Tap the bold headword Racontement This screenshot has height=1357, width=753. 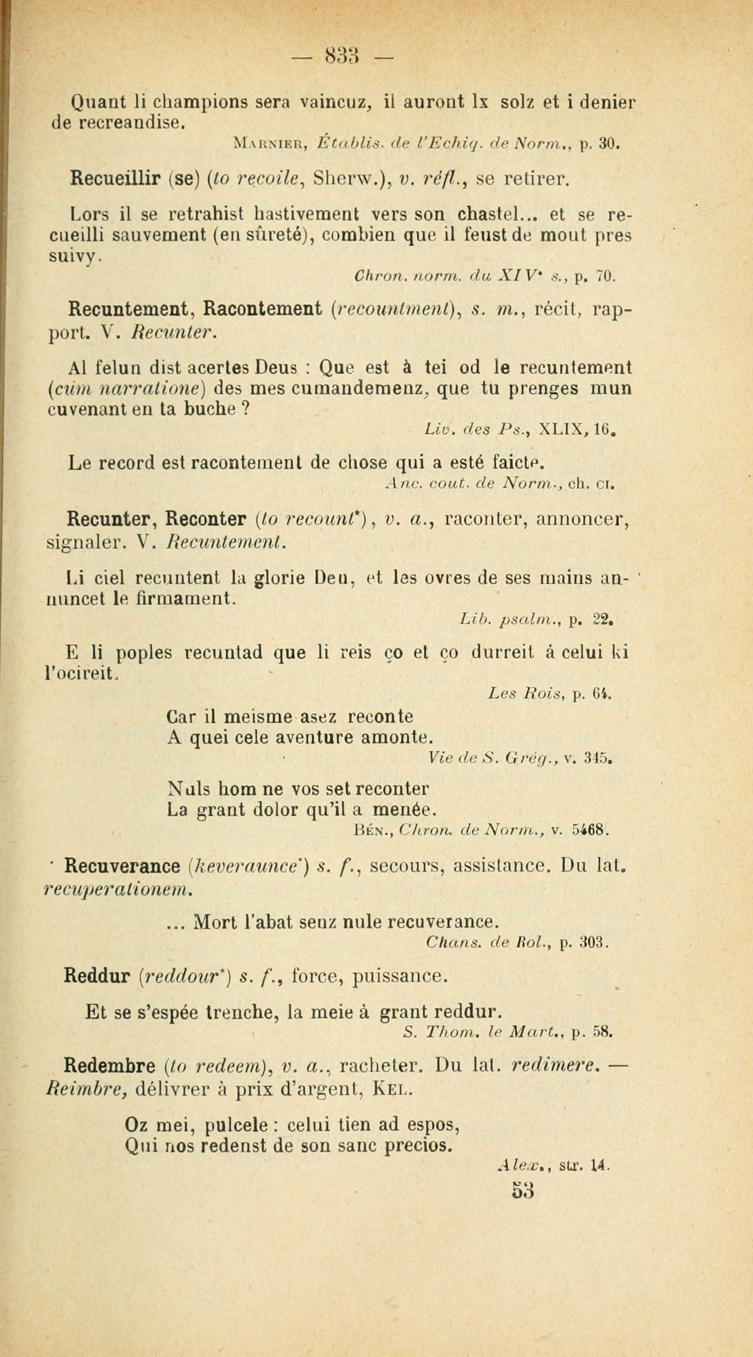[x=262, y=309]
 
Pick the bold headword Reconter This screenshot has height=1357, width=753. [x=206, y=520]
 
